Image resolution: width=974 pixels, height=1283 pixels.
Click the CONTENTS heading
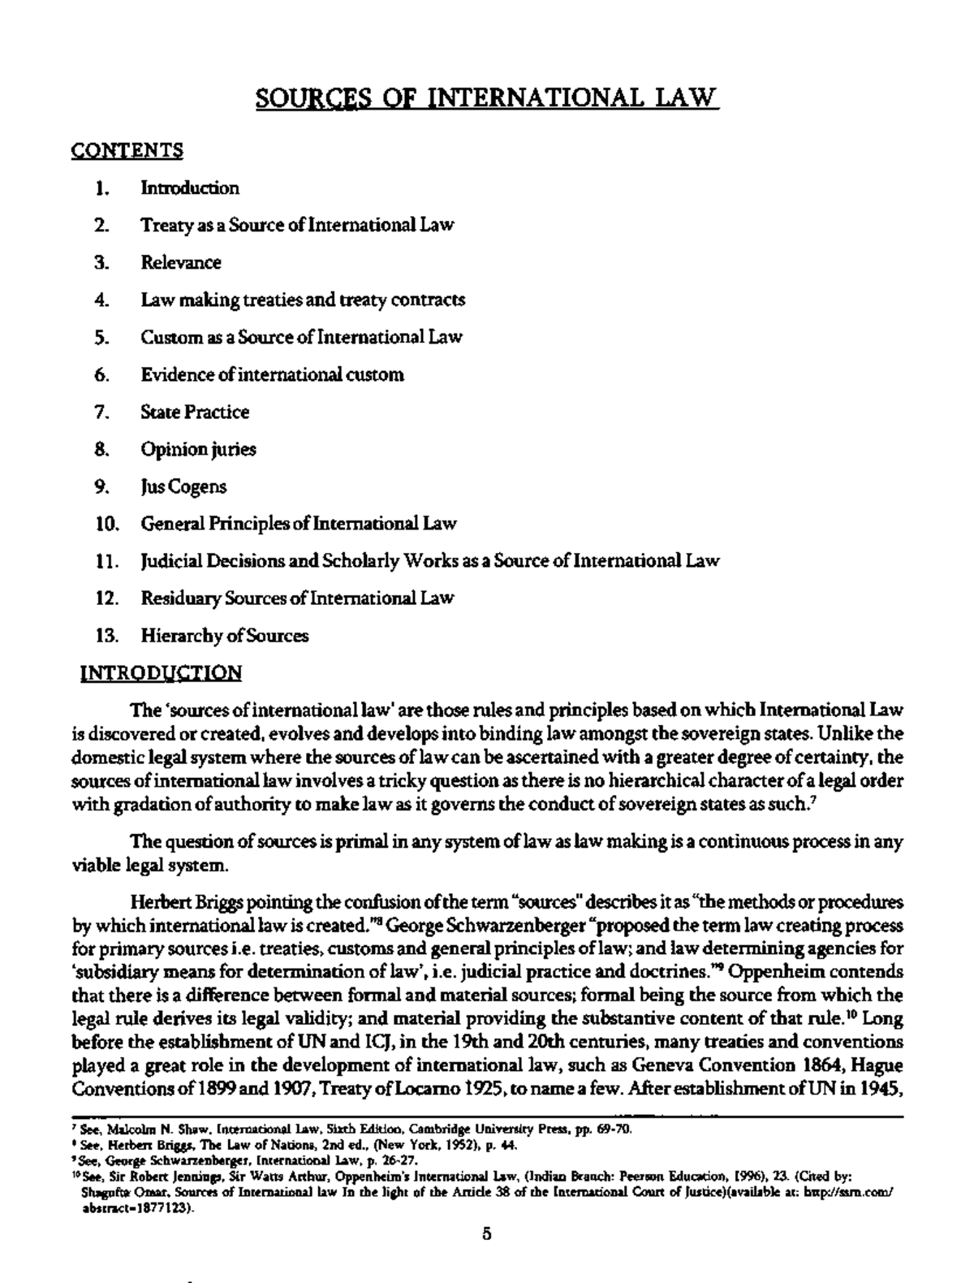click(127, 150)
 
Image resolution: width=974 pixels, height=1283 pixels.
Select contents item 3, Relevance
click(181, 262)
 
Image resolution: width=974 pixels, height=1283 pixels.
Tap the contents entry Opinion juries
click(199, 449)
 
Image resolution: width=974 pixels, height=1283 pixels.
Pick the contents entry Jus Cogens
click(184, 486)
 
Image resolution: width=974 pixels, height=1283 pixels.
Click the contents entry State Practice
click(195, 412)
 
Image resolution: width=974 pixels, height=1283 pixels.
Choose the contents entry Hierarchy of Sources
click(225, 636)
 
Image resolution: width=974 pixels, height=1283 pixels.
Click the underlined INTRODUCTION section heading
click(161, 673)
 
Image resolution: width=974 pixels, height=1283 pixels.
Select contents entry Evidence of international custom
click(273, 374)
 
